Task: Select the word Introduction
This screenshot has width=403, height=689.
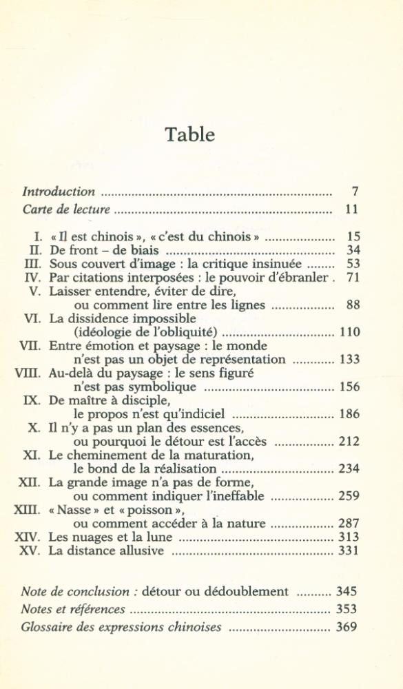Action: click(59, 192)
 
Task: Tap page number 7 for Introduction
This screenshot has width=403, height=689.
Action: click(355, 192)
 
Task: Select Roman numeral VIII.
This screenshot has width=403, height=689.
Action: click(28, 373)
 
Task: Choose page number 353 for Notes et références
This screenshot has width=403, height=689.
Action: click(347, 609)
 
